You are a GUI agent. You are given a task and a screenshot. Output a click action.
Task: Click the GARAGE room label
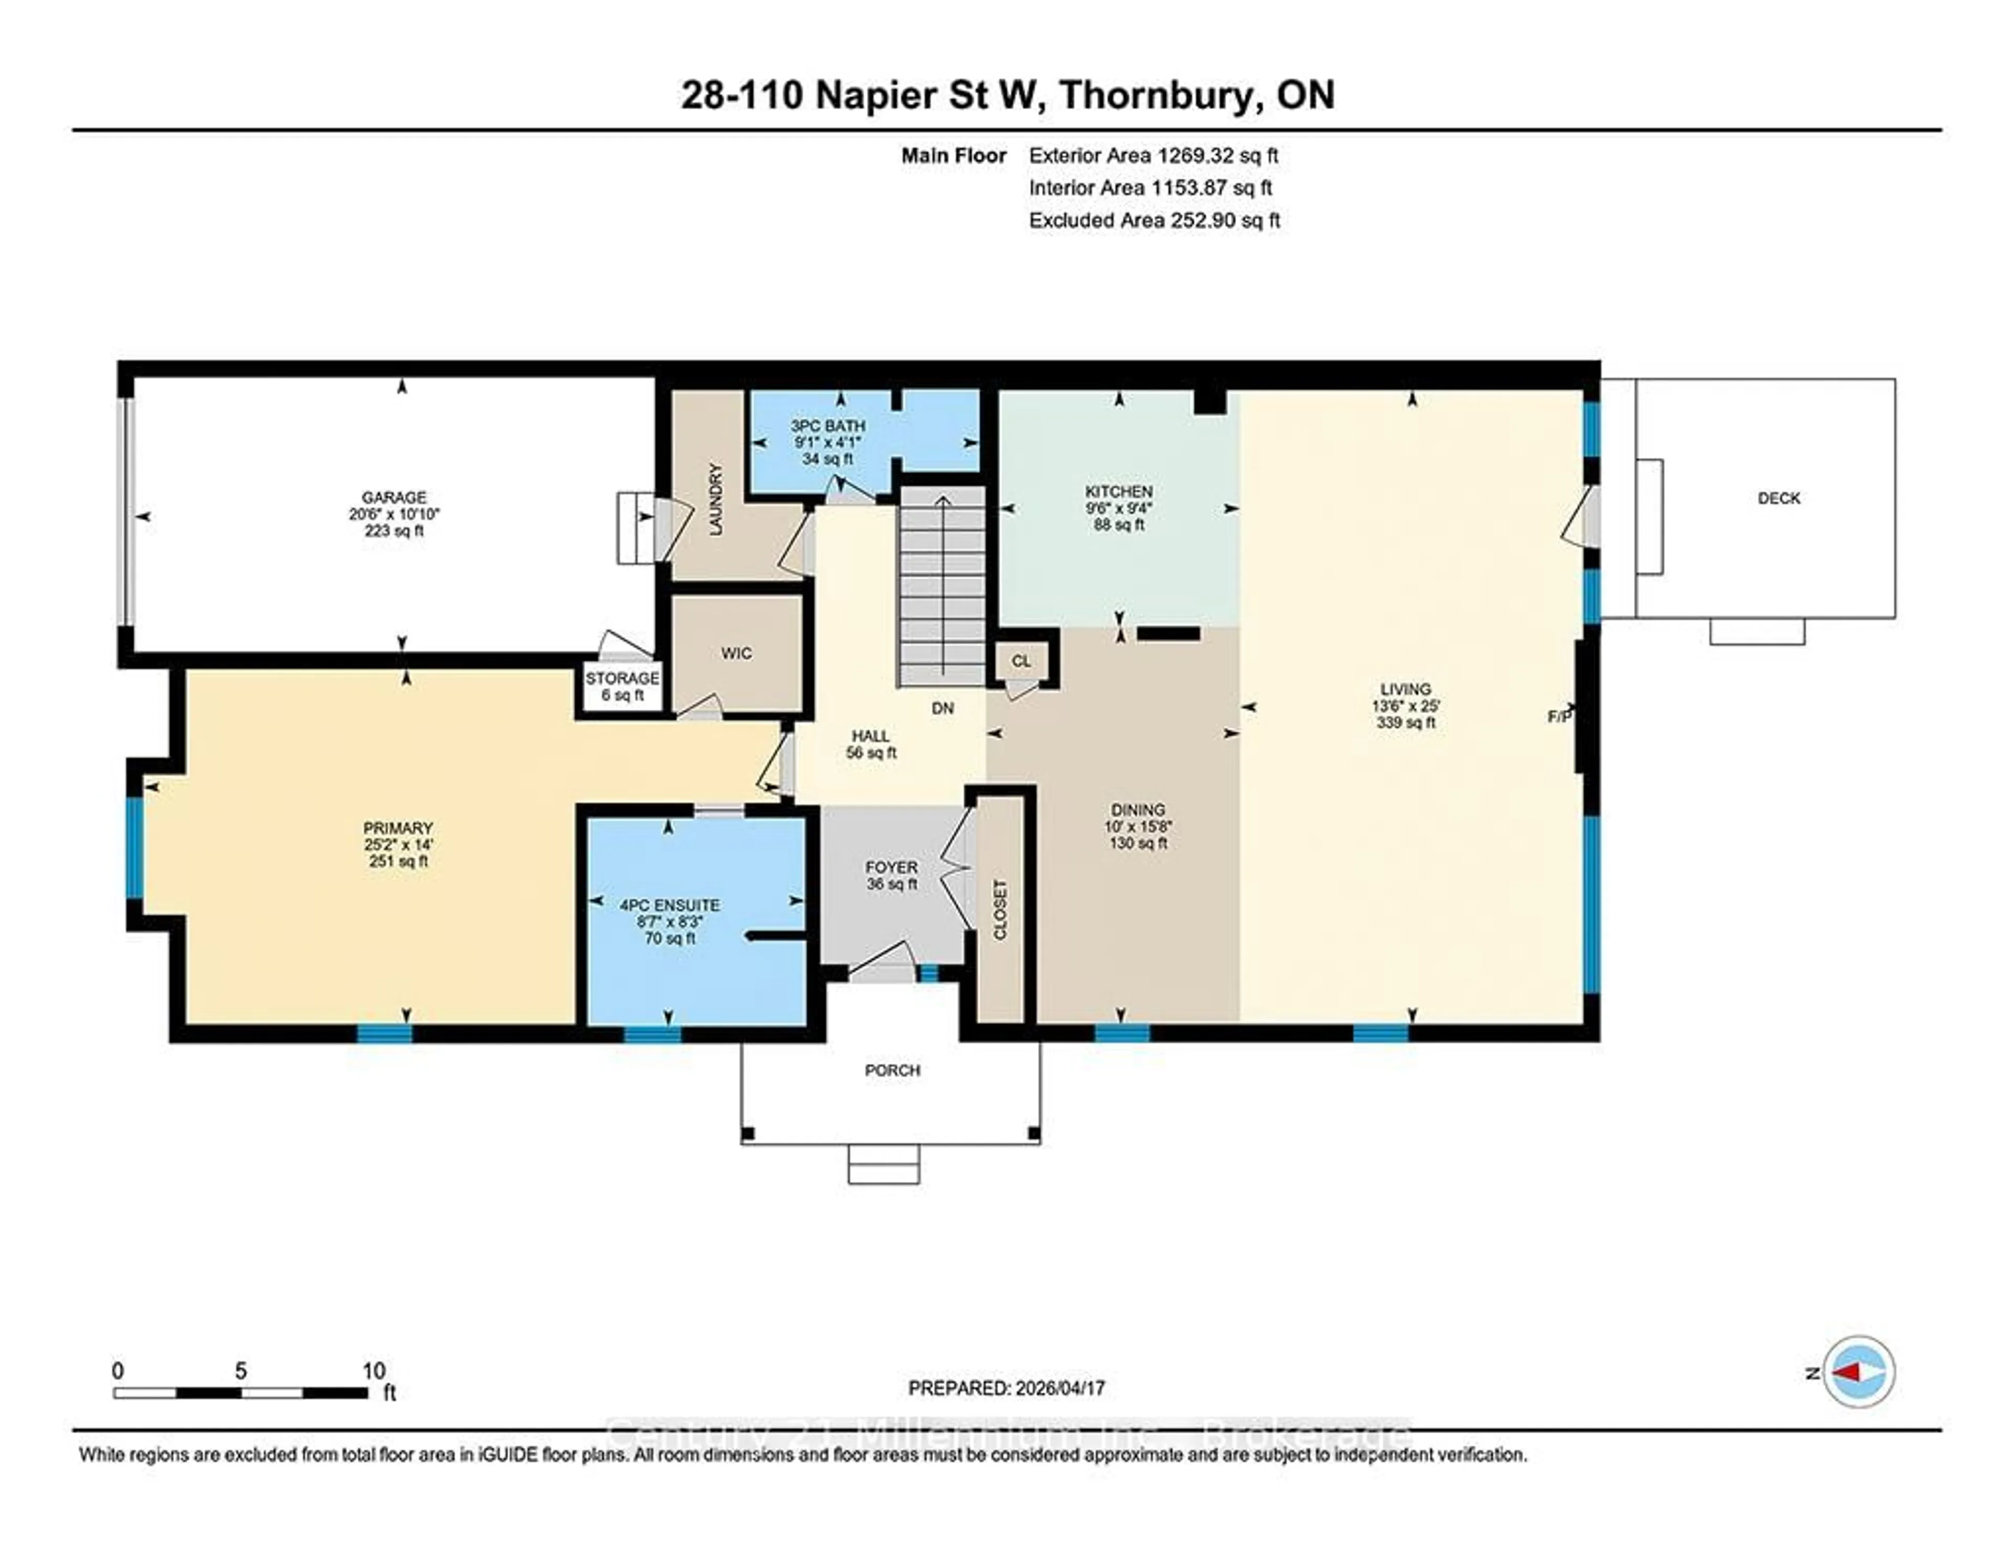(394, 497)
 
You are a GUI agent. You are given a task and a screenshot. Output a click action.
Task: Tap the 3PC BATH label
(827, 426)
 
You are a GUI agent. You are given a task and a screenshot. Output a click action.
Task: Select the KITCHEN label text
(1119, 492)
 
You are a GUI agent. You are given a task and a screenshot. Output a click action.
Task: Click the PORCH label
(892, 1070)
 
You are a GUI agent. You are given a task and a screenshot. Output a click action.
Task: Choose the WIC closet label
(736, 653)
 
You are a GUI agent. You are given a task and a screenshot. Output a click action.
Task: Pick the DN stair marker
(941, 708)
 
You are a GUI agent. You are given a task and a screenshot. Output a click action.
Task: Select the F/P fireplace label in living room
(1558, 716)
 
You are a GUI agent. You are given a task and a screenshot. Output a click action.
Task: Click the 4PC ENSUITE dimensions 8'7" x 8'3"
(669, 921)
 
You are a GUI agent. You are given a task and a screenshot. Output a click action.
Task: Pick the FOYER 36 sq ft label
(891, 875)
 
